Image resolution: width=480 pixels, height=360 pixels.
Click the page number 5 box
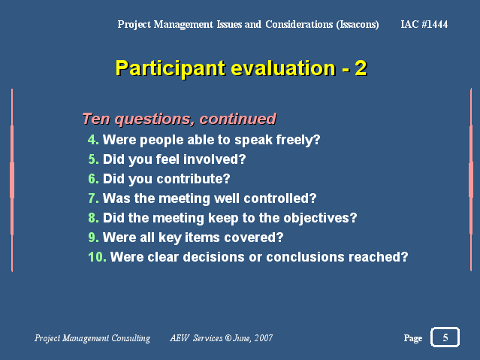[x=445, y=337]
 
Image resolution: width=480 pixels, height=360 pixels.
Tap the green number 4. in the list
[x=93, y=140]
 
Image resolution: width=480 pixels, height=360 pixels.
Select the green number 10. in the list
[x=98, y=257]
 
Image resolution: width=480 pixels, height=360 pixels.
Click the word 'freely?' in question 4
[x=298, y=141]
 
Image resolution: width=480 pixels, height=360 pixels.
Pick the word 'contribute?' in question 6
[x=193, y=179]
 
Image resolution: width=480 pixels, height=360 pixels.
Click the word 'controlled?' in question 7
[x=280, y=198]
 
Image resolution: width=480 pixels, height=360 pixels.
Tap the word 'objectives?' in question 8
[x=320, y=219]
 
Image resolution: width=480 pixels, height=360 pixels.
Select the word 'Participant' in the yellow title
[x=171, y=68]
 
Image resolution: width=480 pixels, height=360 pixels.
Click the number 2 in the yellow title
[x=361, y=68]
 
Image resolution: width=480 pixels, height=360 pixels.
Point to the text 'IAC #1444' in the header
[x=424, y=24]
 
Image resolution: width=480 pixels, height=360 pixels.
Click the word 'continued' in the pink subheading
[x=238, y=119]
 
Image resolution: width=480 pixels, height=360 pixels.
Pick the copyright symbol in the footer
[x=228, y=338]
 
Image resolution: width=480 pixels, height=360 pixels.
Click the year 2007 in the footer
[x=264, y=338]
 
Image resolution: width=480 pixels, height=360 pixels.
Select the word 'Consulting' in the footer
[x=131, y=338]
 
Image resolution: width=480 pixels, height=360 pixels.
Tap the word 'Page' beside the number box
[x=413, y=338]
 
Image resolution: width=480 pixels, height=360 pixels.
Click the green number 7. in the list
[x=93, y=198]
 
